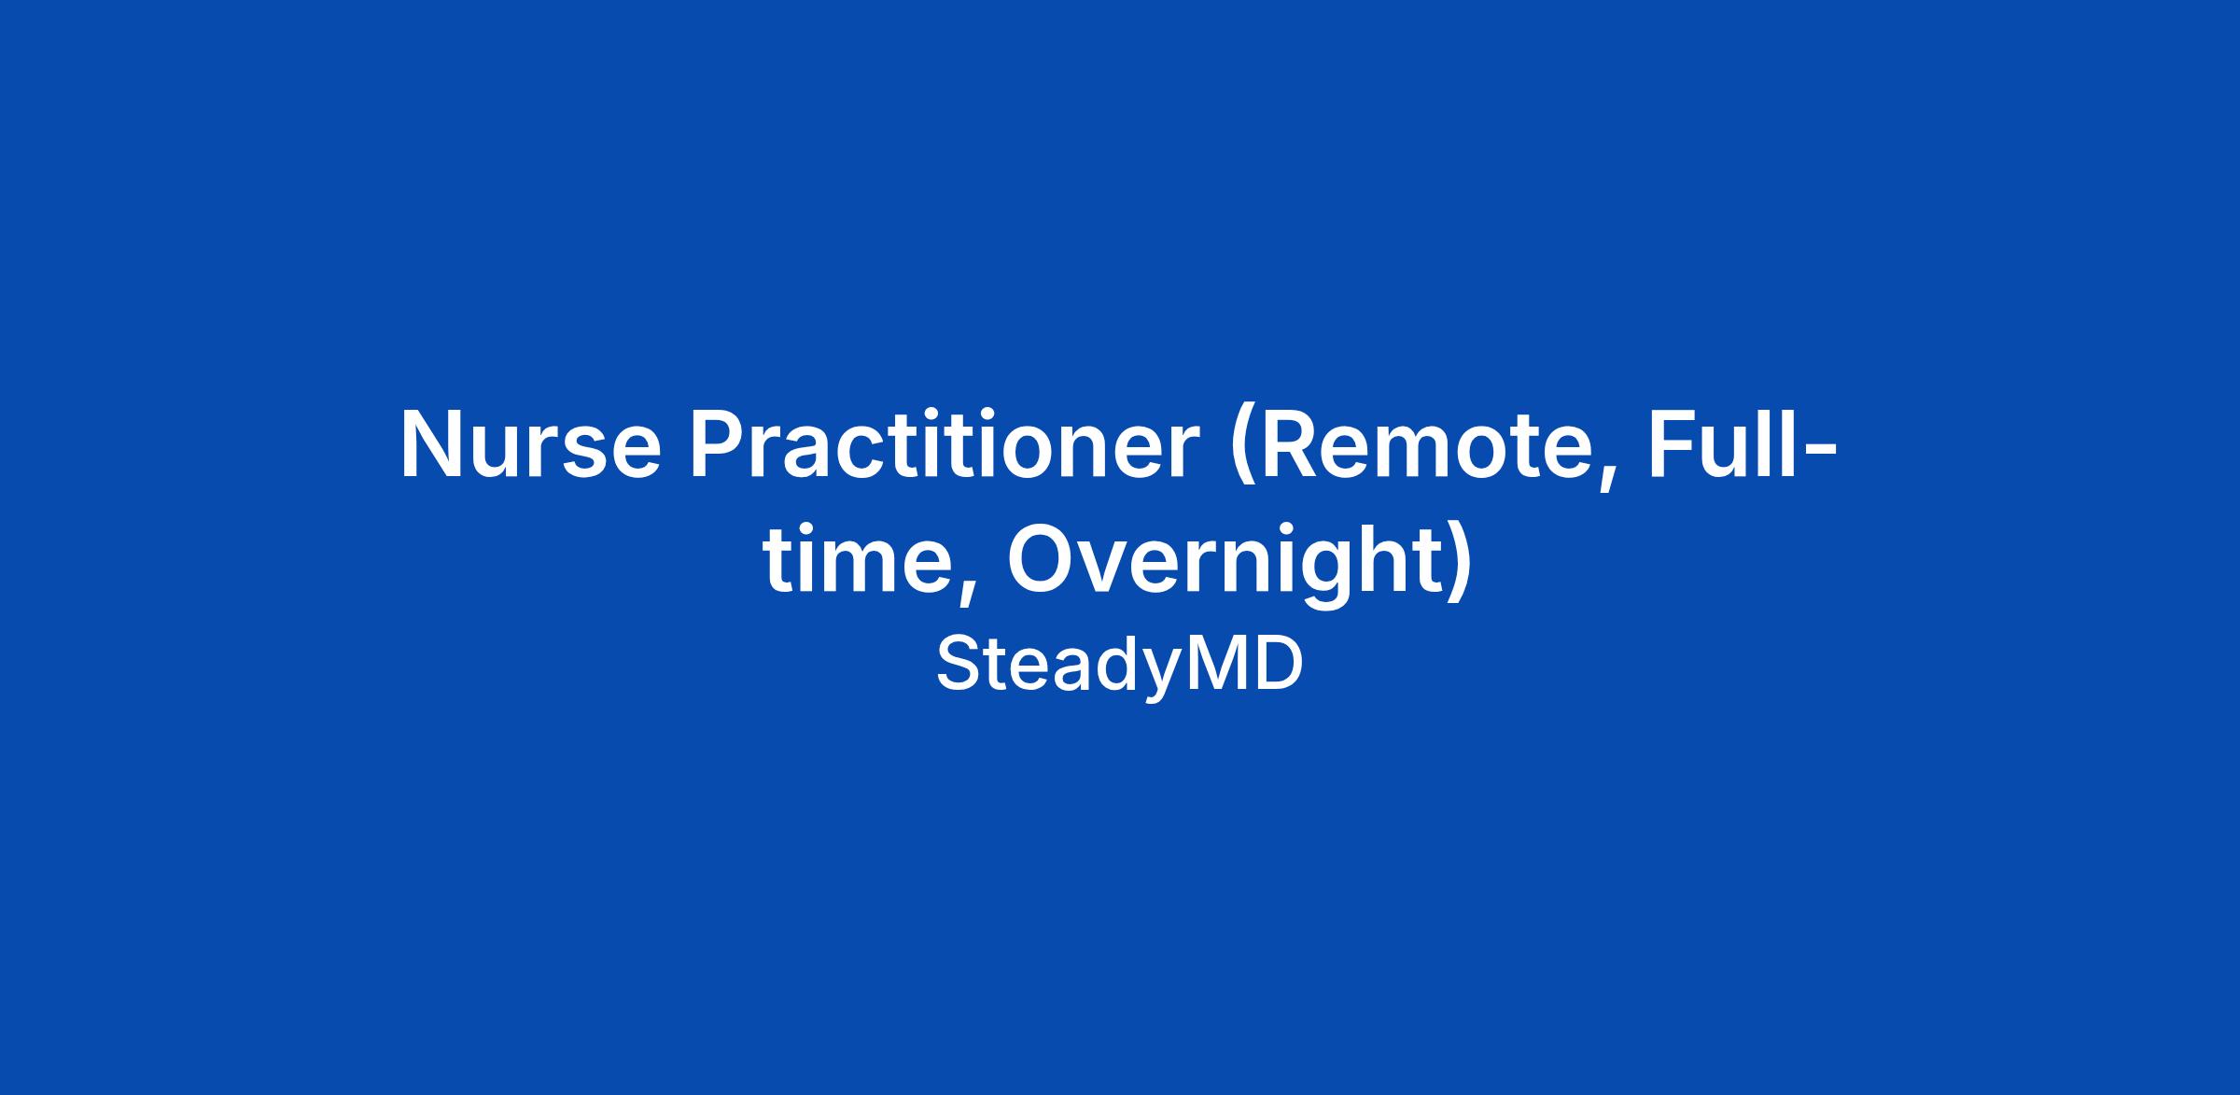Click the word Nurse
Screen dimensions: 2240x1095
click(530, 444)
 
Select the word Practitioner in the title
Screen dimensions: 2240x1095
click(944, 444)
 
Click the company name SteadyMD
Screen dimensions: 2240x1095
click(1119, 664)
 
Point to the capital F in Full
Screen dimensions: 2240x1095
click(1673, 444)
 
